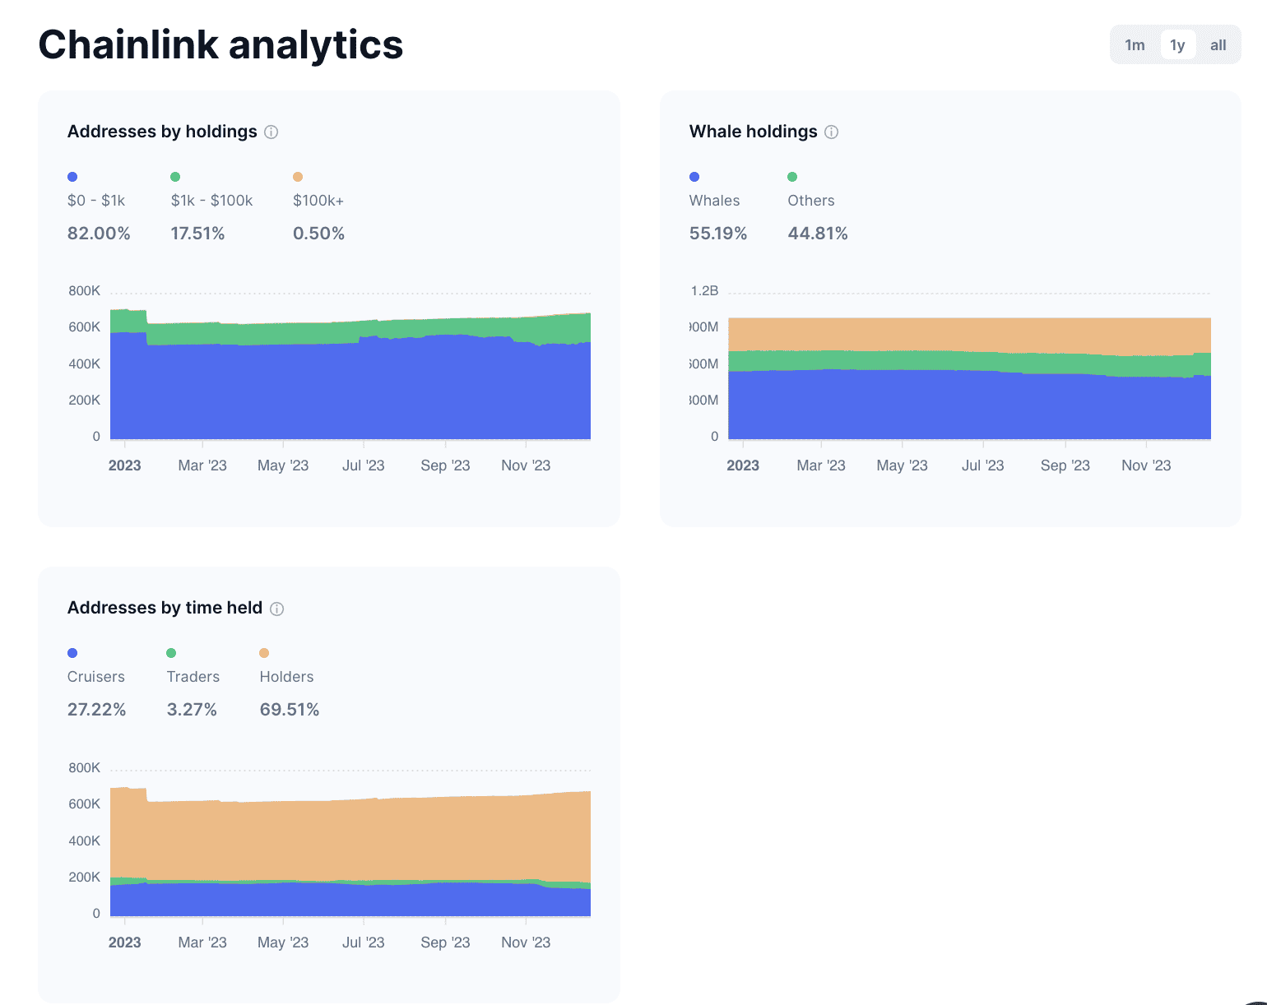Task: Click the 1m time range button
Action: point(1135,45)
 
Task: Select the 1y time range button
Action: point(1177,45)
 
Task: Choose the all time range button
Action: point(1218,45)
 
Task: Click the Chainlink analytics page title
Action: point(220,44)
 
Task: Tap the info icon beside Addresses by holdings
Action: point(271,132)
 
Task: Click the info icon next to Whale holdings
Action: point(831,132)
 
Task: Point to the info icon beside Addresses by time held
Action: point(277,609)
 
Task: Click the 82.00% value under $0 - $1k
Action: point(99,234)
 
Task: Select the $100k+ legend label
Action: point(318,201)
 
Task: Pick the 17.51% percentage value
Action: point(197,234)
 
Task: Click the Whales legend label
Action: point(714,201)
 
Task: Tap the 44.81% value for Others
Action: point(818,234)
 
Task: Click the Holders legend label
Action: point(286,677)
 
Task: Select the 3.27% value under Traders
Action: point(192,710)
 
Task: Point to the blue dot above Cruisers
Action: point(72,653)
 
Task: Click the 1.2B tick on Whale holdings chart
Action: point(705,291)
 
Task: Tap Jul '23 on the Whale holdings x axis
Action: point(982,465)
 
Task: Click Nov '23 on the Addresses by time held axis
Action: point(526,942)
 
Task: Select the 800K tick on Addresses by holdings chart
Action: point(85,291)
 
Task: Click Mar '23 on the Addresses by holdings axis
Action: point(202,465)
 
